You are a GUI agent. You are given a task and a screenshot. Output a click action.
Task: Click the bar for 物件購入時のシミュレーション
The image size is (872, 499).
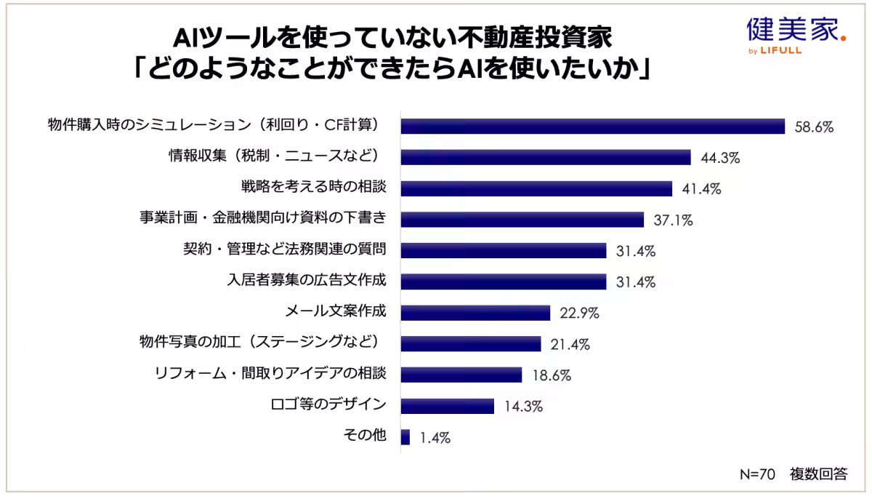pyautogui.click(x=592, y=126)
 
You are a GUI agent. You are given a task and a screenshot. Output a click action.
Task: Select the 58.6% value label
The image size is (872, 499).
pyautogui.click(x=812, y=127)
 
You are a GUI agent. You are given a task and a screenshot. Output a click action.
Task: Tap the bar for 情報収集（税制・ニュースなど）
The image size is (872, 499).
pyautogui.click(x=545, y=157)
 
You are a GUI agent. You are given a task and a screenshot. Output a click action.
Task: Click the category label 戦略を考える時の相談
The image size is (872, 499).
pyautogui.click(x=313, y=187)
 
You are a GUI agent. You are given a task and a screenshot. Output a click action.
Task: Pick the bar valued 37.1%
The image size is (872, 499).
pyautogui.click(x=522, y=219)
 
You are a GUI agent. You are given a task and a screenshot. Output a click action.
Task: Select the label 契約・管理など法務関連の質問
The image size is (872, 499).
pyautogui.click(x=284, y=249)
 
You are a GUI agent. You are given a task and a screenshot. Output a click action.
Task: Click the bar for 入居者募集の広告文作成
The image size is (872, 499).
pyautogui.click(x=503, y=281)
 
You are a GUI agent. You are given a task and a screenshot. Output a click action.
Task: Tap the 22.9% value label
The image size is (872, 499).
pyautogui.click(x=578, y=313)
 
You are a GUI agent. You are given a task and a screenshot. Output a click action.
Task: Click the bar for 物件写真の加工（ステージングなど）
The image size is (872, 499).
pyautogui.click(x=470, y=343)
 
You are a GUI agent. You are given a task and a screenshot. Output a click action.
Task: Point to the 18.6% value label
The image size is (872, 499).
pyautogui.click(x=550, y=375)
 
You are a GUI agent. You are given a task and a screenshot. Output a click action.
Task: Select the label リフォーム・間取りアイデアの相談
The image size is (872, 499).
pyautogui.click(x=270, y=374)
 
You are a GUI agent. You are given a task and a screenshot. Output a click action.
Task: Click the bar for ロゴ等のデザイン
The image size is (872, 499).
pyautogui.click(x=447, y=406)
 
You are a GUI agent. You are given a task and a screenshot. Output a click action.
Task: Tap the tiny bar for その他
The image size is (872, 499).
pyautogui.click(x=405, y=437)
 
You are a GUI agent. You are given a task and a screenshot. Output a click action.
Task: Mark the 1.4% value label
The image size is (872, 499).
pyautogui.click(x=435, y=438)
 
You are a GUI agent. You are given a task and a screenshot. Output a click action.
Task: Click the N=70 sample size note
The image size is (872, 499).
pyautogui.click(x=758, y=474)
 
